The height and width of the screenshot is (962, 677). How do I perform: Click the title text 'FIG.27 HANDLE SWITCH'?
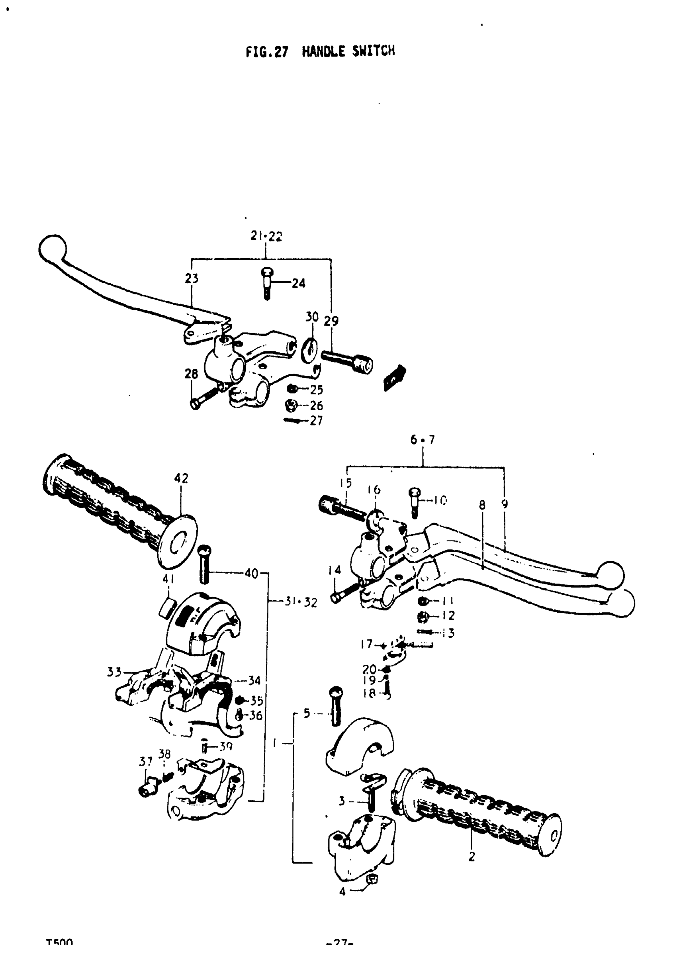[x=320, y=51]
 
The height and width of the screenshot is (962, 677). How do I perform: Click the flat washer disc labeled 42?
[x=178, y=541]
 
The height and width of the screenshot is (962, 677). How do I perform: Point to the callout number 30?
[x=312, y=317]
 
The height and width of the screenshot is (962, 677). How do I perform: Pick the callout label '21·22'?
[x=266, y=236]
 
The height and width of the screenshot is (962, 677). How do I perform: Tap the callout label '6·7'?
[x=423, y=439]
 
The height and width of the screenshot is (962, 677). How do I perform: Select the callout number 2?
[x=472, y=857]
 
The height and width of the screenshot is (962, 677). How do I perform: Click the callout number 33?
[x=114, y=672]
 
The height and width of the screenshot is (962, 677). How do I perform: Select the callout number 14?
[x=334, y=570]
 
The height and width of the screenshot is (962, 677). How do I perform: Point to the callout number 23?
[x=192, y=278]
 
